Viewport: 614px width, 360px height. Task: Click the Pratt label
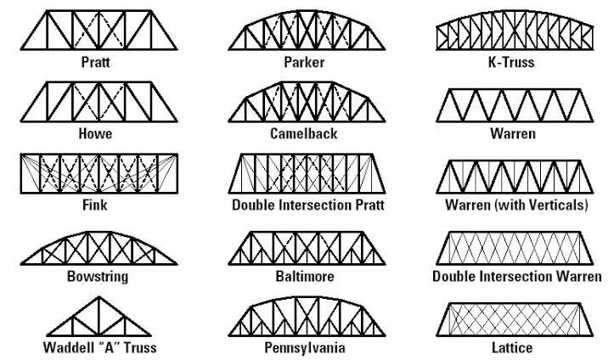[95, 62]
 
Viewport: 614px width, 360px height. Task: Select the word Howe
[95, 133]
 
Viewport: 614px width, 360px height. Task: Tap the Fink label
[95, 205]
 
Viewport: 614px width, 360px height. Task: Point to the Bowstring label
[98, 276]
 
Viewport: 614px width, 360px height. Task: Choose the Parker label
[304, 62]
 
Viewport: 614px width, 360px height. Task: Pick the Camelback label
[304, 133]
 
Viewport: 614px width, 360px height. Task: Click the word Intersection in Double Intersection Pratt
[307, 205]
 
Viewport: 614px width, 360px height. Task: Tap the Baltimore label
[305, 276]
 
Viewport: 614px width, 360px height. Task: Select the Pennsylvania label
[305, 347]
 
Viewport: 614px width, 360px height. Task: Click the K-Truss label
[511, 62]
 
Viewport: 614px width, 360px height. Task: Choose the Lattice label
[512, 347]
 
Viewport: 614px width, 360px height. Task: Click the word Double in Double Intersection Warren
[453, 276]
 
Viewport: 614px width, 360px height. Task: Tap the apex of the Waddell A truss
[99, 297]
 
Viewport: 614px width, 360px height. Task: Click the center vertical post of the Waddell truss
[99, 316]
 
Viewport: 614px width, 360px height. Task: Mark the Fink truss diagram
[99, 173]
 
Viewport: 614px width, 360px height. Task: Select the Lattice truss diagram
[515, 319]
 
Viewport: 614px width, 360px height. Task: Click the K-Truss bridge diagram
[515, 30]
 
